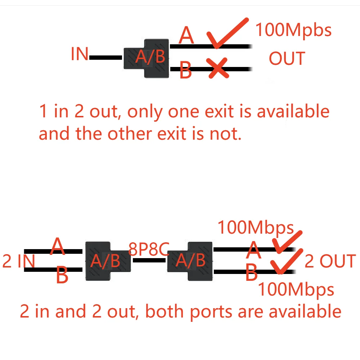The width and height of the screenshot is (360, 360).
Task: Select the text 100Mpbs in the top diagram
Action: point(293,30)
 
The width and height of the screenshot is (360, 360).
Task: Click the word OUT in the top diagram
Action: point(287,59)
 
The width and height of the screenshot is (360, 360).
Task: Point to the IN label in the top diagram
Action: point(80,54)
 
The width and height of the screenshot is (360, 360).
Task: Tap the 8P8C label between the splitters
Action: point(149,249)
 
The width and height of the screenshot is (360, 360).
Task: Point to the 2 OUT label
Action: point(330,261)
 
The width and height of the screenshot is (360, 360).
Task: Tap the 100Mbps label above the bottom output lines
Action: point(256,228)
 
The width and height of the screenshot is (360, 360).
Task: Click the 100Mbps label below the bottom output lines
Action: point(296,289)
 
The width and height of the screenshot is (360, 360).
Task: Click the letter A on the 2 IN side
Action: point(58,246)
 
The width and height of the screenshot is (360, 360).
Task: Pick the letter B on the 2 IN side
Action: point(62,276)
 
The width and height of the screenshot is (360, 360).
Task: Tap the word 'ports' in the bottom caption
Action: point(209,311)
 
